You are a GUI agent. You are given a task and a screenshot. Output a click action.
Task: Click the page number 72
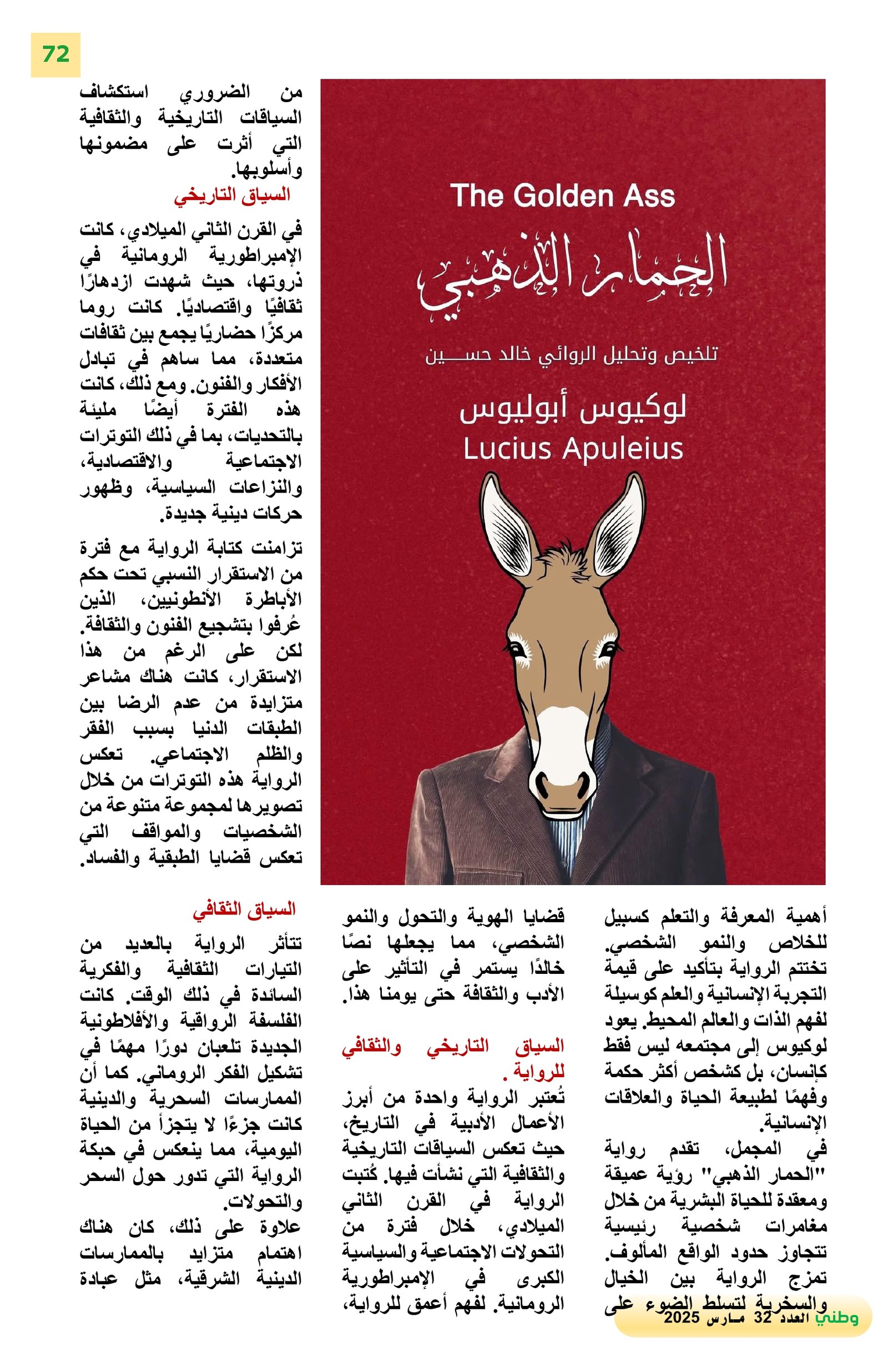56,54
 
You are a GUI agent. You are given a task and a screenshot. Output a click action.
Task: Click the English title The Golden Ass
562,195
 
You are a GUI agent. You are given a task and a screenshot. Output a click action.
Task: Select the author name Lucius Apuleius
573,449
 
